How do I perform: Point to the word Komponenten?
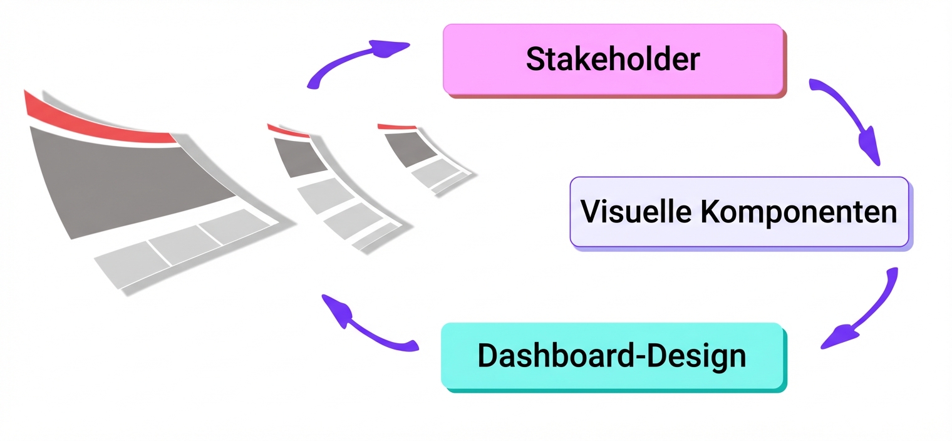pos(799,213)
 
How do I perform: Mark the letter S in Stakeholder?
pos(534,60)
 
